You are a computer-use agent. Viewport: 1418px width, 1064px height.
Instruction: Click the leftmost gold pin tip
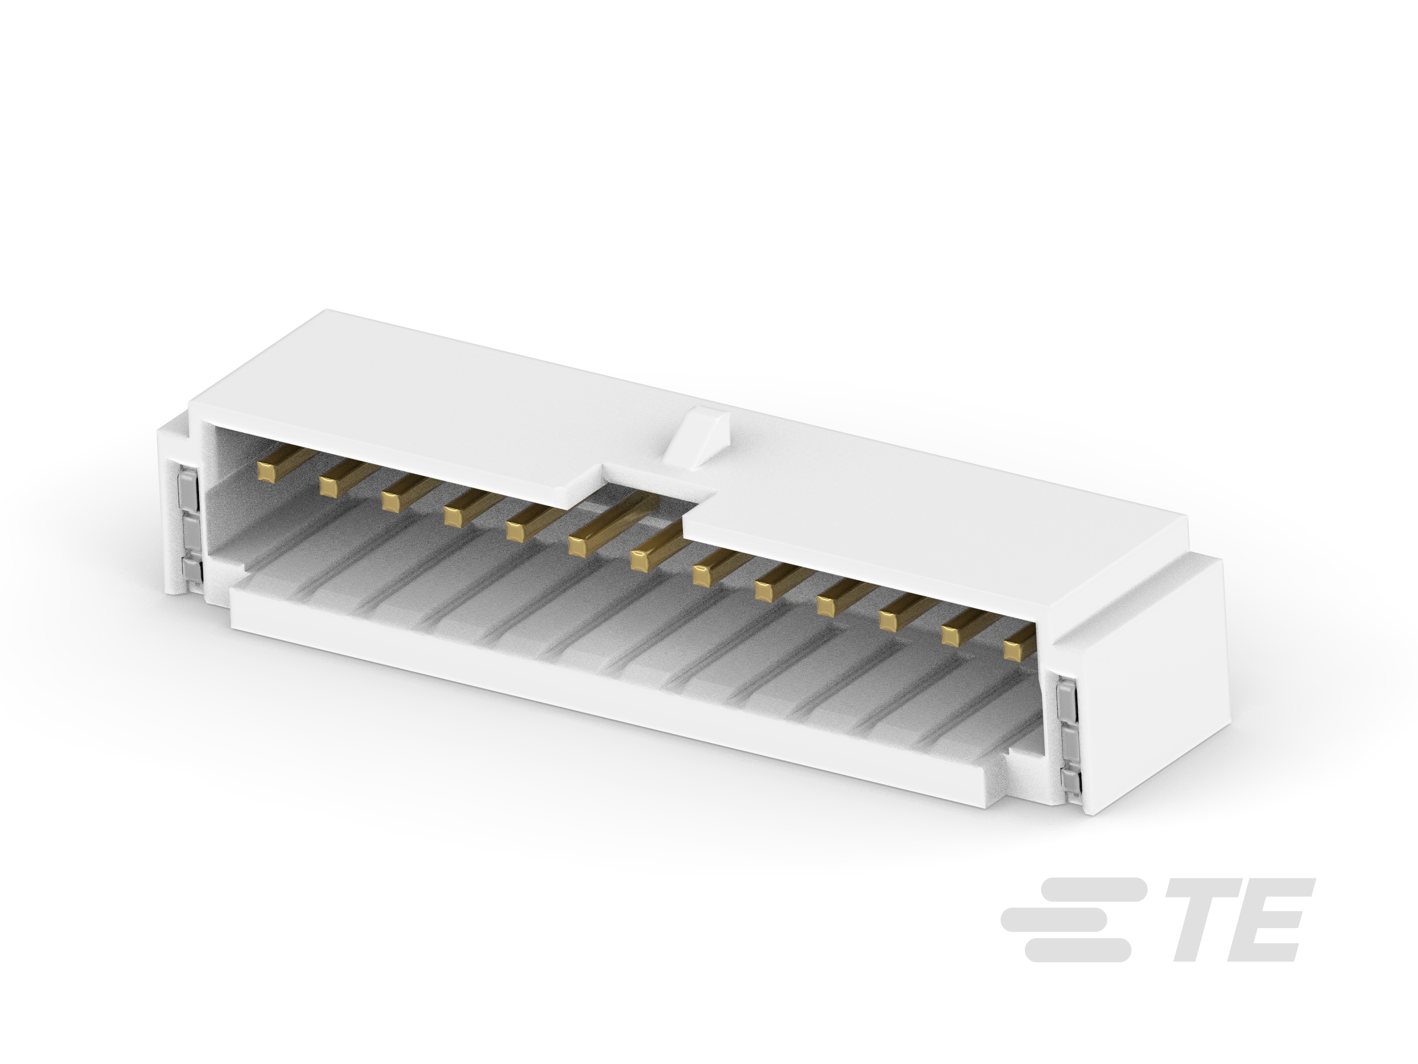[x=265, y=471]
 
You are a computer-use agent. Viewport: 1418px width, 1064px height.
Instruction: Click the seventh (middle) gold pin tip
[x=641, y=559]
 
